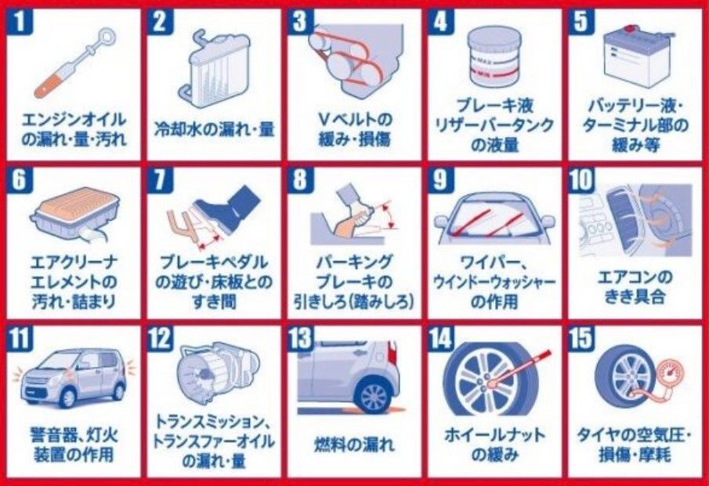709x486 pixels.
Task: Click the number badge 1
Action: pyautogui.click(x=20, y=21)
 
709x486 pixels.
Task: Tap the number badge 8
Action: pyautogui.click(x=300, y=180)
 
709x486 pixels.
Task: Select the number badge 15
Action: pyautogui.click(x=581, y=339)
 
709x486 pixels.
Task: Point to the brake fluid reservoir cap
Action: pyautogui.click(x=495, y=37)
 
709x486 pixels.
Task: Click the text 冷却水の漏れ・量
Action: pyautogui.click(x=215, y=129)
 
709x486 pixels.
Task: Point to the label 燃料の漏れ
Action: pyautogui.click(x=354, y=444)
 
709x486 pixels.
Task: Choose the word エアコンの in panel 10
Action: pyautogui.click(x=635, y=277)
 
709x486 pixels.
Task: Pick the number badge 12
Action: pyautogui.click(x=160, y=339)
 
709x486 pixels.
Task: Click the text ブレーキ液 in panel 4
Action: pyautogui.click(x=494, y=106)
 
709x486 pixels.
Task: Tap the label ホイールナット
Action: pyautogui.click(x=494, y=435)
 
